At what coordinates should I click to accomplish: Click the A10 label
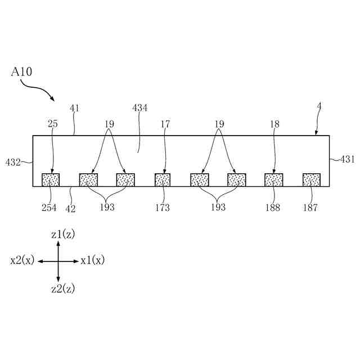click(20, 72)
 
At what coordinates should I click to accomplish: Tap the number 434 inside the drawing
click(139, 108)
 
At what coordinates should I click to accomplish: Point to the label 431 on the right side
click(347, 160)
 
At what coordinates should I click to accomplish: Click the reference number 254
click(49, 208)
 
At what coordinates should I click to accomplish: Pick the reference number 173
click(162, 208)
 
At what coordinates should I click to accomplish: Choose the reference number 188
click(274, 208)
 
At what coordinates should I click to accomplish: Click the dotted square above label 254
click(51, 179)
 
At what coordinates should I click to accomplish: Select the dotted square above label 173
click(163, 179)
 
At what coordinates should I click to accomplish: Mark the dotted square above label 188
click(274, 179)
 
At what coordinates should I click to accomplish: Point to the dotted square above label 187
click(311, 179)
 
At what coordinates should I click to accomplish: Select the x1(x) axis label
click(92, 260)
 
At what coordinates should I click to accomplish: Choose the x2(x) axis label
click(22, 260)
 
